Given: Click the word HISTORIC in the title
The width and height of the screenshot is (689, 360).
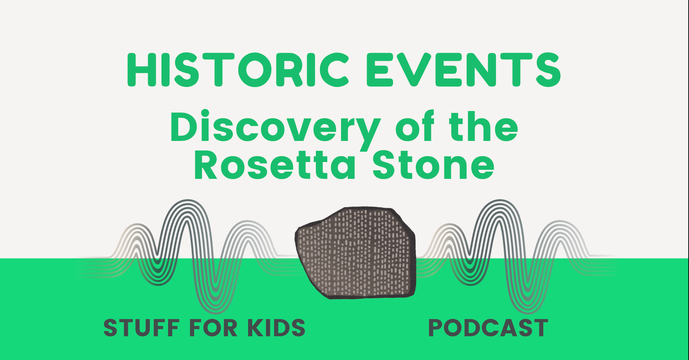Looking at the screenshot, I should click(x=237, y=70).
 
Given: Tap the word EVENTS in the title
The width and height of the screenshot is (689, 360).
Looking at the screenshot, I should click(x=463, y=70).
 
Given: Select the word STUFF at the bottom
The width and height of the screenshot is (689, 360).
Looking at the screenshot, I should click(x=142, y=328).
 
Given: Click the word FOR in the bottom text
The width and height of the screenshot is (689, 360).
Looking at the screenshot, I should click(x=213, y=328).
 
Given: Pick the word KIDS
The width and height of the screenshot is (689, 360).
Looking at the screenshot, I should click(x=276, y=328).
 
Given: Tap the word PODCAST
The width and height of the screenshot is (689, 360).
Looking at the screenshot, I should click(x=488, y=328).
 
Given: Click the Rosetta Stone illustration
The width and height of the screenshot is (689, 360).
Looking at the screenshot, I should click(x=356, y=253).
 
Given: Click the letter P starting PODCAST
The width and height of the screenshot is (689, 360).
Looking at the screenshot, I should click(x=437, y=328).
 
